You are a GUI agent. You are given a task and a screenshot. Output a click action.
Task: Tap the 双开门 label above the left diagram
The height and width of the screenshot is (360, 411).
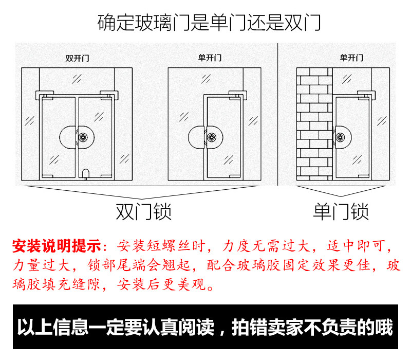77,58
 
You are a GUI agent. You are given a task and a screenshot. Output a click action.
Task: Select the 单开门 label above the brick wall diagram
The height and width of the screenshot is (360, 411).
351,58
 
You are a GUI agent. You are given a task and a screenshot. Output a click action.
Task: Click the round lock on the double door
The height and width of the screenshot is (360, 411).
77,137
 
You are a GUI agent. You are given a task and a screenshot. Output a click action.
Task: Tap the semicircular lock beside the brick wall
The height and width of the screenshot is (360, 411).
341,137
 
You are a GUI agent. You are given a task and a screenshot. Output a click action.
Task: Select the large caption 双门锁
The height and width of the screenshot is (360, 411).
143,211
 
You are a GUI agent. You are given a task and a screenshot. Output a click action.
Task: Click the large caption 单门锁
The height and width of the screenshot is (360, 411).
341,211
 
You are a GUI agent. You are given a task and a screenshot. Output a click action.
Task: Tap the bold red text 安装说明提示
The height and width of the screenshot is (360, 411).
57,246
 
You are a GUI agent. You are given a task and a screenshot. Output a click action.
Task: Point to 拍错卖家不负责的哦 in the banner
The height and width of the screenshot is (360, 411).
312,328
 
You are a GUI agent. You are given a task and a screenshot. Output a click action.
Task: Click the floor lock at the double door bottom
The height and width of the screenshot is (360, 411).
86,173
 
